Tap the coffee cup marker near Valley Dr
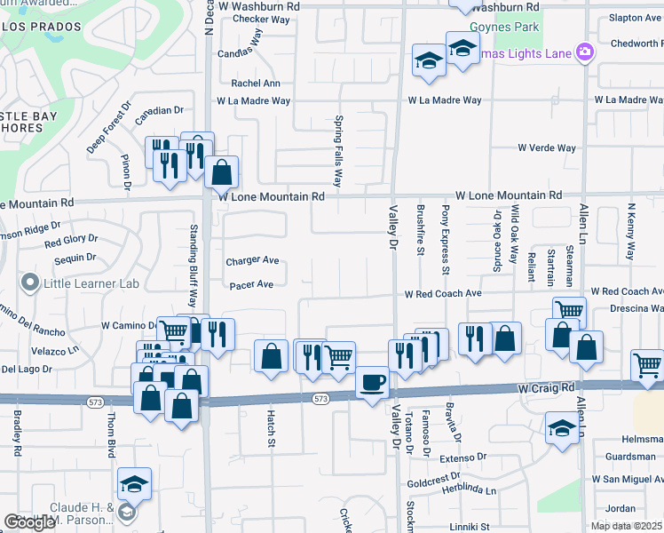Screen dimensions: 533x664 [372, 381]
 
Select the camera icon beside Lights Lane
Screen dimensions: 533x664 [585, 52]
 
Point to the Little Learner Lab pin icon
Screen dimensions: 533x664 [30, 283]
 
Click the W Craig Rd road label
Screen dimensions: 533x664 [549, 389]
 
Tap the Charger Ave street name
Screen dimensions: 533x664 [252, 261]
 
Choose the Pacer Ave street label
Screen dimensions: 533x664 [252, 285]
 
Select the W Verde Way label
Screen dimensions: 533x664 [547, 148]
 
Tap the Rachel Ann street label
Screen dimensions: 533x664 [256, 84]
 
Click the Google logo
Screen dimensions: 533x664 [30, 522]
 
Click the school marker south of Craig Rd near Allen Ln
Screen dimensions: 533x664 [562, 429]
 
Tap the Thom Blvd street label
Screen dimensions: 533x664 [112, 434]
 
